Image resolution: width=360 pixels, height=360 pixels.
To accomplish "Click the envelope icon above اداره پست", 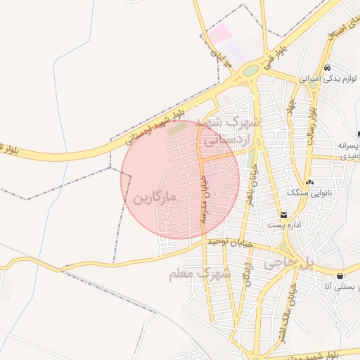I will [283, 214].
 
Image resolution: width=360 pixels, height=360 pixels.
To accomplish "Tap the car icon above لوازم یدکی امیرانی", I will [328, 68].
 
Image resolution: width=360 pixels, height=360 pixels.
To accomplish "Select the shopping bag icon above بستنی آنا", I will [340, 275].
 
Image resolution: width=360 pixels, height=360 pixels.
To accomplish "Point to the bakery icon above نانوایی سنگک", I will [310, 182].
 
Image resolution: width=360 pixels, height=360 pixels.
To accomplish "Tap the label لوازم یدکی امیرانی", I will [319, 79].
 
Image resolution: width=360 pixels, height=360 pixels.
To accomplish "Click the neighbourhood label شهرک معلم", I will [200, 274].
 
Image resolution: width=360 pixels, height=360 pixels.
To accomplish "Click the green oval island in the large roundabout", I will [250, 70].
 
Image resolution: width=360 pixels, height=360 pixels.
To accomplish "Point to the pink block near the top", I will [220, 32].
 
